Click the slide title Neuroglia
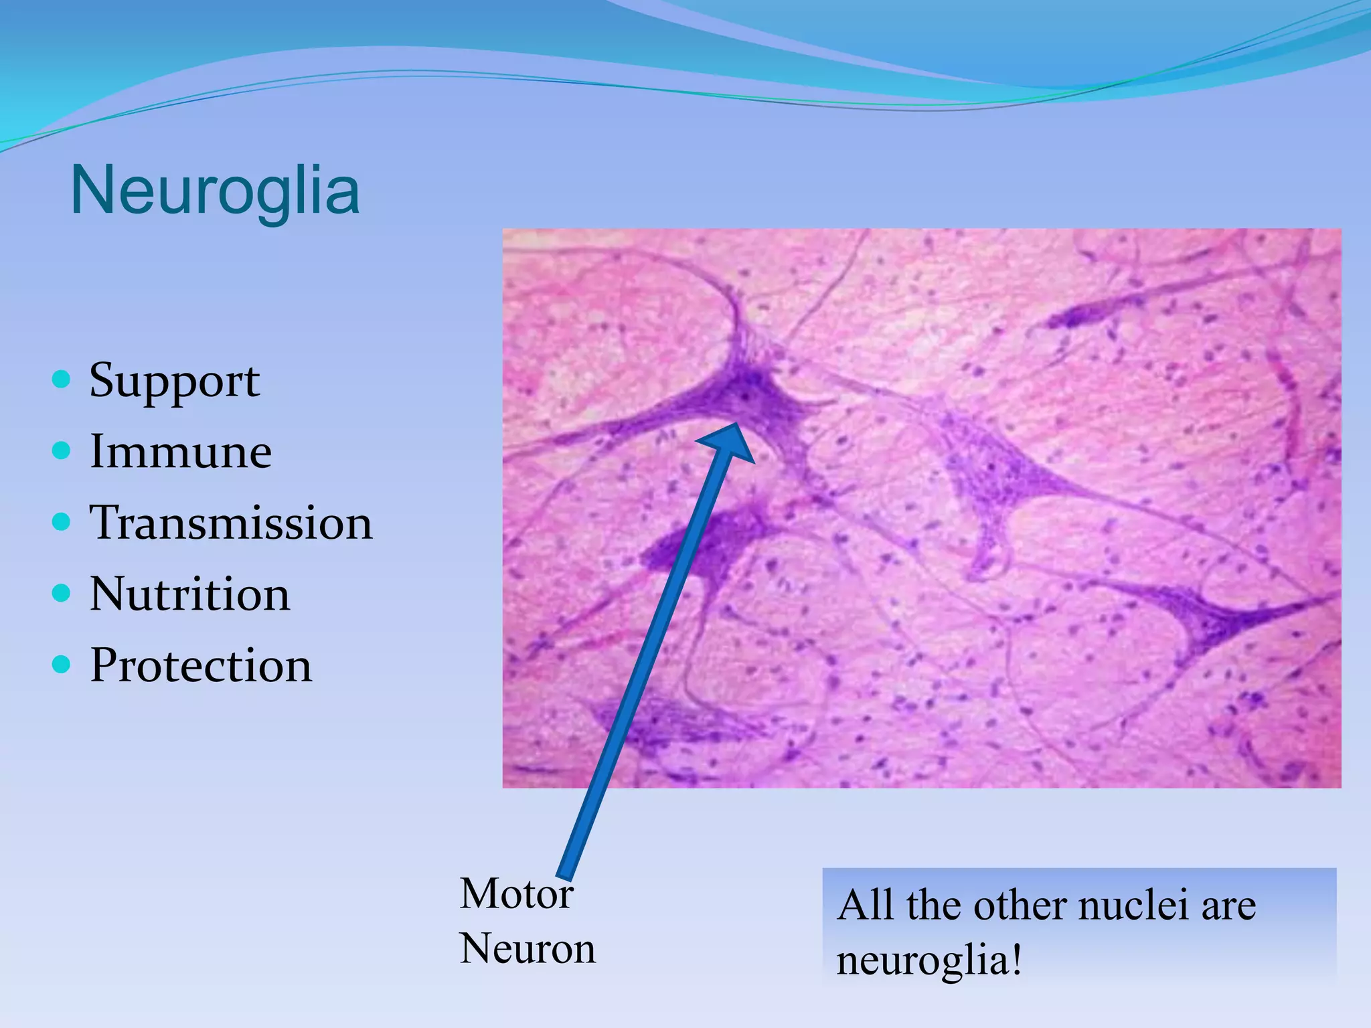(215, 191)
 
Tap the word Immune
(181, 452)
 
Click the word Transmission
(231, 523)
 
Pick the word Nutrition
(189, 594)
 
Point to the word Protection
(201, 666)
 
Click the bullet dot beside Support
(61, 380)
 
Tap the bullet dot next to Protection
(61, 665)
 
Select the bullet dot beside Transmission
(61, 522)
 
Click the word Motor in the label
(516, 894)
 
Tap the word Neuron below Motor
(528, 949)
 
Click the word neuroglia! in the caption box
(929, 961)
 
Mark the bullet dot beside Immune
(61, 450)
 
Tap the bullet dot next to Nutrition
(61, 593)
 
